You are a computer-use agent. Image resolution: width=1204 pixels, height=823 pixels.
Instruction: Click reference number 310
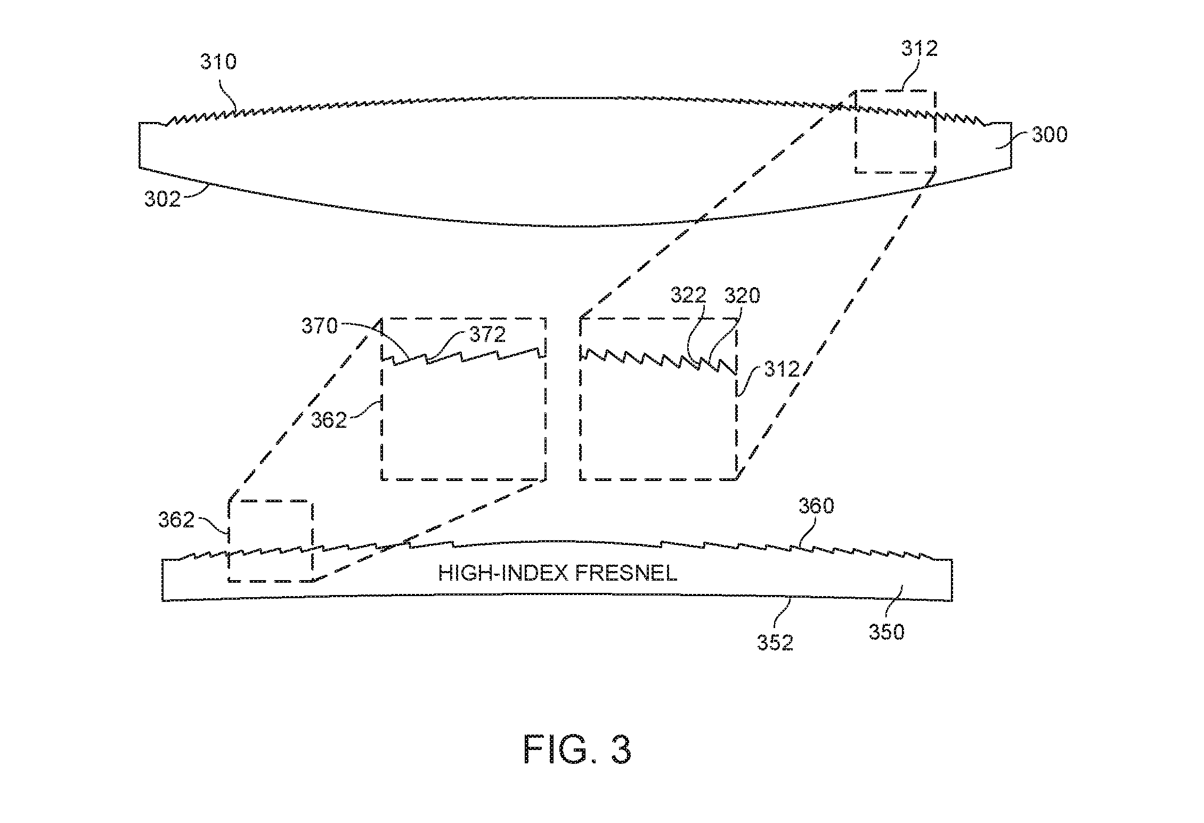[x=218, y=62]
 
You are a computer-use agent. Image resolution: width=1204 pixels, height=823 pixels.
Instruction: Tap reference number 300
[x=1050, y=134]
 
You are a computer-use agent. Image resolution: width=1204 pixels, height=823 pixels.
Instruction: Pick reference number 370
[x=320, y=326]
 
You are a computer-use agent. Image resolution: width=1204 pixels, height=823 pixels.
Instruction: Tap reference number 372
[x=487, y=334]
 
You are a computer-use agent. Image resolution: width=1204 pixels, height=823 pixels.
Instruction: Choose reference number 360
[x=816, y=506]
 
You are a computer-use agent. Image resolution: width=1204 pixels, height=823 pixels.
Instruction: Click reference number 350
[x=887, y=632]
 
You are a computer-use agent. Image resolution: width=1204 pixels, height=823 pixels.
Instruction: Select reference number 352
[x=776, y=643]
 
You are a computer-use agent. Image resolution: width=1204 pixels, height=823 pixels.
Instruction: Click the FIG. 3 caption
[x=577, y=750]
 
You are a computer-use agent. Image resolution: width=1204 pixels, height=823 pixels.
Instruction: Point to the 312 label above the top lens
[x=919, y=48]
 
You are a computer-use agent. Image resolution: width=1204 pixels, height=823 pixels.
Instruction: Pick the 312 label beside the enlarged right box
[x=782, y=369]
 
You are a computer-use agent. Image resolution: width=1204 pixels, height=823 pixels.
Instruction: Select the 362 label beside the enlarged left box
[x=329, y=420]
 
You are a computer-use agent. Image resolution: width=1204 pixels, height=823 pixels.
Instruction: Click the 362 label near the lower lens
[x=176, y=519]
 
